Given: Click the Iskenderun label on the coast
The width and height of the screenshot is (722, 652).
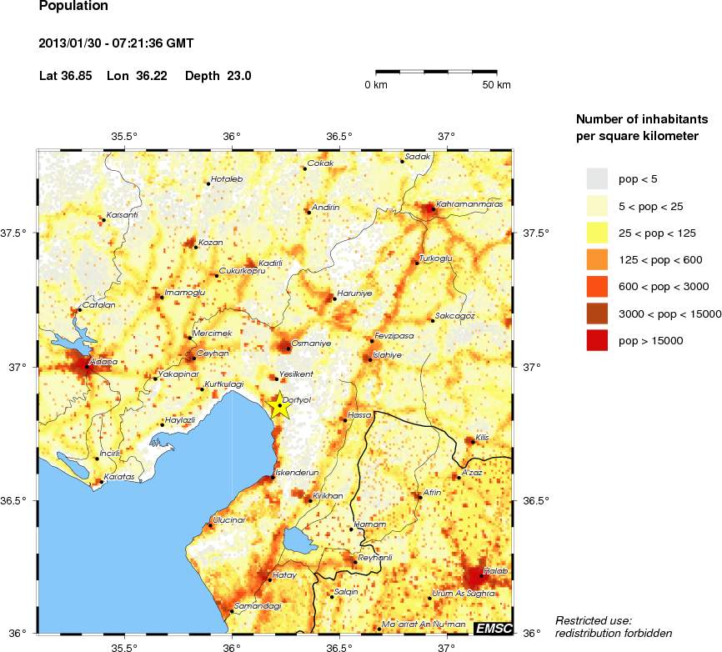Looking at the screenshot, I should (298, 472).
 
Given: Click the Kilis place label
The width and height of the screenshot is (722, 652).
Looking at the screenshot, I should (483, 437).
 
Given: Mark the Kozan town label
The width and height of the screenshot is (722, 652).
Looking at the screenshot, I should (211, 242).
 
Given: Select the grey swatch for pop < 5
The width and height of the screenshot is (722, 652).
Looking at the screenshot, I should (598, 178).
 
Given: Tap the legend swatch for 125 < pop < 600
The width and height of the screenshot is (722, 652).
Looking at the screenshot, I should (598, 259).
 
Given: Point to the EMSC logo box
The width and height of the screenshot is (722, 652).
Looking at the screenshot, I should (493, 627).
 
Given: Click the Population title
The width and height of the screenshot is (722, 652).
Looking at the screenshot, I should (73, 7).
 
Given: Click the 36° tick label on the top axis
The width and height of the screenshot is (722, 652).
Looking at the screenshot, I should (232, 137).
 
